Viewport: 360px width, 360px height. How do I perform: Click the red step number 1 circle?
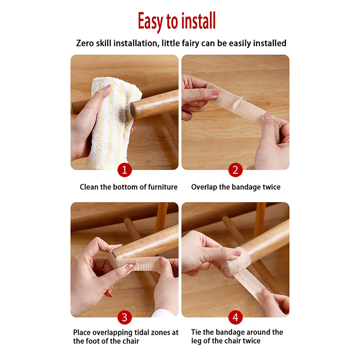click(125, 170)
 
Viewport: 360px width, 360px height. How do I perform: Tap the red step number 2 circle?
click(235, 170)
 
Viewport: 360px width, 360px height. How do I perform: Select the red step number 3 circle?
click(125, 317)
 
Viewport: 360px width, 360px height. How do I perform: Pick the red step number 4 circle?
click(235, 317)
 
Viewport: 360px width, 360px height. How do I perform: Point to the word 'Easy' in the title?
click(151, 22)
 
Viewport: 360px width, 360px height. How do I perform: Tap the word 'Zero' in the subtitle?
click(85, 43)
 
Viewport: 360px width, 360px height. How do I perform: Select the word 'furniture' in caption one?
click(162, 187)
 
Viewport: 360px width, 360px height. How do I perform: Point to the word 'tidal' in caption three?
click(142, 333)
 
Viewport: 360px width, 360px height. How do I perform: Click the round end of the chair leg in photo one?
click(133, 111)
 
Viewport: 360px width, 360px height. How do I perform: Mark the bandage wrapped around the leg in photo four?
click(237, 261)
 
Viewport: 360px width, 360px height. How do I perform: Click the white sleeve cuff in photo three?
click(163, 313)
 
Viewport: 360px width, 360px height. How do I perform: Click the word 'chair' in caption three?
click(130, 341)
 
